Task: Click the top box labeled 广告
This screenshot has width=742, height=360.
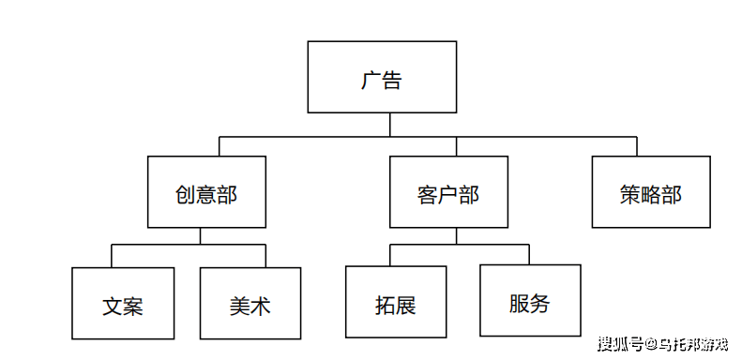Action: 382,77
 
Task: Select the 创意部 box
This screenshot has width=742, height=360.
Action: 206,192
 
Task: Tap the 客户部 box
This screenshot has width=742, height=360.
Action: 448,192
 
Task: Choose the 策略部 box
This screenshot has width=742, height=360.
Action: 650,192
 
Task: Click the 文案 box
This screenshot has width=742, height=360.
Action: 123,303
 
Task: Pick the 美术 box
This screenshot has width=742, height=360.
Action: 250,303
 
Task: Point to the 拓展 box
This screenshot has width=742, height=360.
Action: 396,302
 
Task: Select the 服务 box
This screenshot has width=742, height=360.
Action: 530,300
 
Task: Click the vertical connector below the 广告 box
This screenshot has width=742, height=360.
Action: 383,125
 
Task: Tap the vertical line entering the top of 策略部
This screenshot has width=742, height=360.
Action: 637,146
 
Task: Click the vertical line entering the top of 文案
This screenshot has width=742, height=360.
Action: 113,256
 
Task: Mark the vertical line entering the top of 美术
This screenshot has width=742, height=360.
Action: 265,256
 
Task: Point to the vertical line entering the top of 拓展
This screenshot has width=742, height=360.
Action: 391,255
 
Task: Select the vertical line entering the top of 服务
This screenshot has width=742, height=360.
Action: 529,254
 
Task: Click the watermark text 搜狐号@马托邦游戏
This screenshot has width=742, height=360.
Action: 662,343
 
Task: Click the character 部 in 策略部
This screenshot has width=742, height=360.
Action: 671,194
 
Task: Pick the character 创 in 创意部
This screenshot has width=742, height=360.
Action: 186,194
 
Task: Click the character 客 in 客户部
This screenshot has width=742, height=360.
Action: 428,194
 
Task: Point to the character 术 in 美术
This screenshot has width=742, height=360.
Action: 261,306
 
